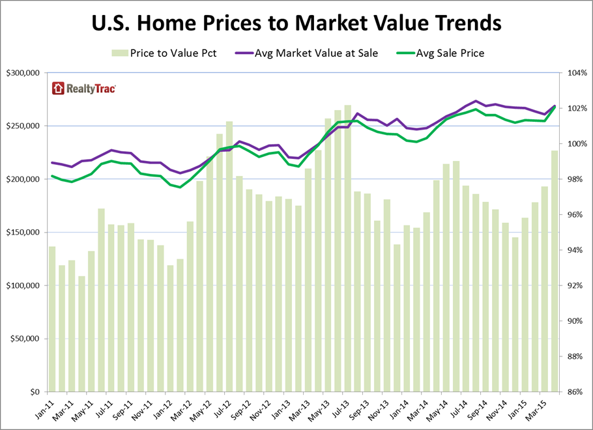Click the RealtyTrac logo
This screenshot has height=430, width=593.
pos(84,89)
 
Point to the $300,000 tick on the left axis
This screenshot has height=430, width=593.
pos(23,73)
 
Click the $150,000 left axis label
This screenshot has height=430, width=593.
pos(23,233)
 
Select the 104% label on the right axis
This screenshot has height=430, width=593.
pos(575,73)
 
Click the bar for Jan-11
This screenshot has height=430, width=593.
pos(52,319)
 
